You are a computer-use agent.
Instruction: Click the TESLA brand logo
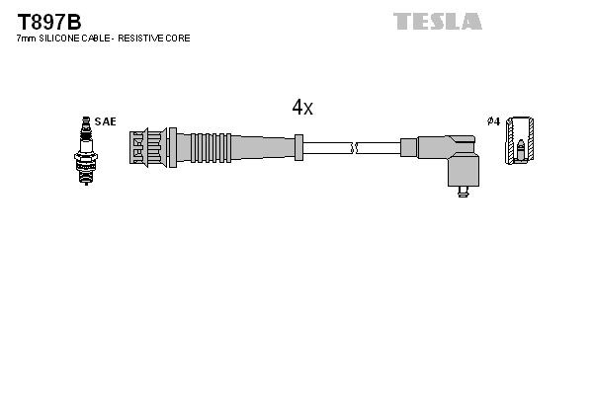[437, 21]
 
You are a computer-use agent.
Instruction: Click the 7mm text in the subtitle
[27, 38]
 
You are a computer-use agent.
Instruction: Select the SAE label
[106, 121]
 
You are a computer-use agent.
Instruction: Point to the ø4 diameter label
[493, 121]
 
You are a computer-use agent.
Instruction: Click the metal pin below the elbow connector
[462, 194]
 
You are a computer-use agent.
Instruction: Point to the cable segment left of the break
[326, 148]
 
